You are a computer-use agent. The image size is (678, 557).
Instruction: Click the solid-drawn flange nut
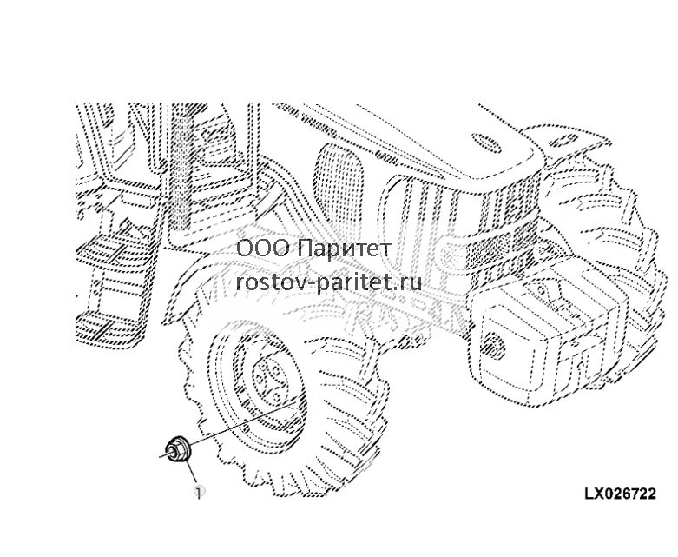(x=177, y=451)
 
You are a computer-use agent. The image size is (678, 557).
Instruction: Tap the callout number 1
(x=199, y=492)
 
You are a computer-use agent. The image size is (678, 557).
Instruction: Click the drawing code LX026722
(x=620, y=494)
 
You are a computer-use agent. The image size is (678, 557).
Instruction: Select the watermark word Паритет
(x=345, y=249)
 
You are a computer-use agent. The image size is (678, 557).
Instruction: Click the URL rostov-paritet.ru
(x=329, y=282)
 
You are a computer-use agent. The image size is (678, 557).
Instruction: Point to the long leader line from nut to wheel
(x=243, y=423)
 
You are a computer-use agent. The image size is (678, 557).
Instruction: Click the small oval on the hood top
(x=485, y=141)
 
